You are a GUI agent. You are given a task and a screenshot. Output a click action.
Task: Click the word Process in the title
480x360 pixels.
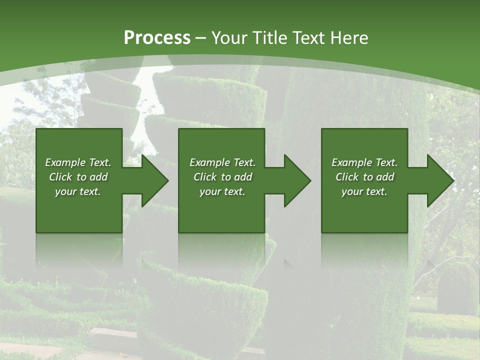tap(157, 38)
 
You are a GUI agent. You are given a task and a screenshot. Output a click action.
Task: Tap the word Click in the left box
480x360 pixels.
tap(60, 177)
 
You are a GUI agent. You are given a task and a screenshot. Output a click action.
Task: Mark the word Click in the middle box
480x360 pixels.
tap(205, 177)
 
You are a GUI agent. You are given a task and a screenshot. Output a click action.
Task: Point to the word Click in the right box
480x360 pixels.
tap(347, 177)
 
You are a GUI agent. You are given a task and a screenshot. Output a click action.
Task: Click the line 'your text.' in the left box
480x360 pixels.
tap(78, 191)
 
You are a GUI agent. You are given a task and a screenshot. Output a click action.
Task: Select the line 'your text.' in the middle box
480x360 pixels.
tap(222, 191)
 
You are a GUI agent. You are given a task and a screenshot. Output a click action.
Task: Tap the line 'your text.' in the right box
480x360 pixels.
tap(364, 191)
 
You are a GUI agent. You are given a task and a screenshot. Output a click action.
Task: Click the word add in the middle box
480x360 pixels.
tap(243, 177)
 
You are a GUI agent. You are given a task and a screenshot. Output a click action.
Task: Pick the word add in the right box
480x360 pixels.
tap(385, 177)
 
